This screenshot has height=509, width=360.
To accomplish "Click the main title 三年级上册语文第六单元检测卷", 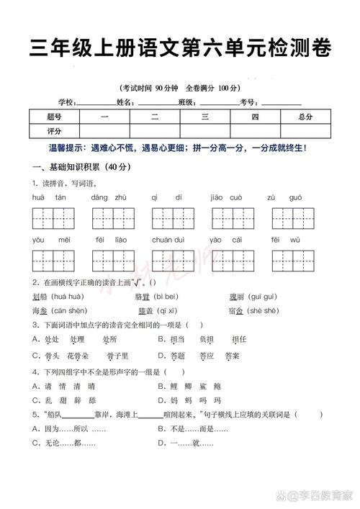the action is pyautogui.click(x=180, y=48).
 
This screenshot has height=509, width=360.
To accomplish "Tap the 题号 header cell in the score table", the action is pyautogui.click(x=54, y=117).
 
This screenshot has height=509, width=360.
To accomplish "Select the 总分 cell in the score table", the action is pyautogui.click(x=305, y=117).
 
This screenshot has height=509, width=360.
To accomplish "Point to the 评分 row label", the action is pyautogui.click(x=54, y=131).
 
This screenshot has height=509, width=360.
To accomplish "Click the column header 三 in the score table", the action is pyautogui.click(x=204, y=117).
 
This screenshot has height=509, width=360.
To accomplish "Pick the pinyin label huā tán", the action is pyautogui.click(x=49, y=197).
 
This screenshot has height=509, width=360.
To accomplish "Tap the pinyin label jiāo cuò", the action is pyautogui.click(x=225, y=197).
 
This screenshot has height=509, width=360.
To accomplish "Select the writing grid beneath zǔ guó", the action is pyautogui.click(x=292, y=218).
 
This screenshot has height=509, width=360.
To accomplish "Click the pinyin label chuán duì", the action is pyautogui.click(x=168, y=240).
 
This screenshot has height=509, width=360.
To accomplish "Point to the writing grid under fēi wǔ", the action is pyautogui.click(x=292, y=261).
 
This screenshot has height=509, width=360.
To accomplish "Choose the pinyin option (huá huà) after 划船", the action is pyautogui.click(x=68, y=297).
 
